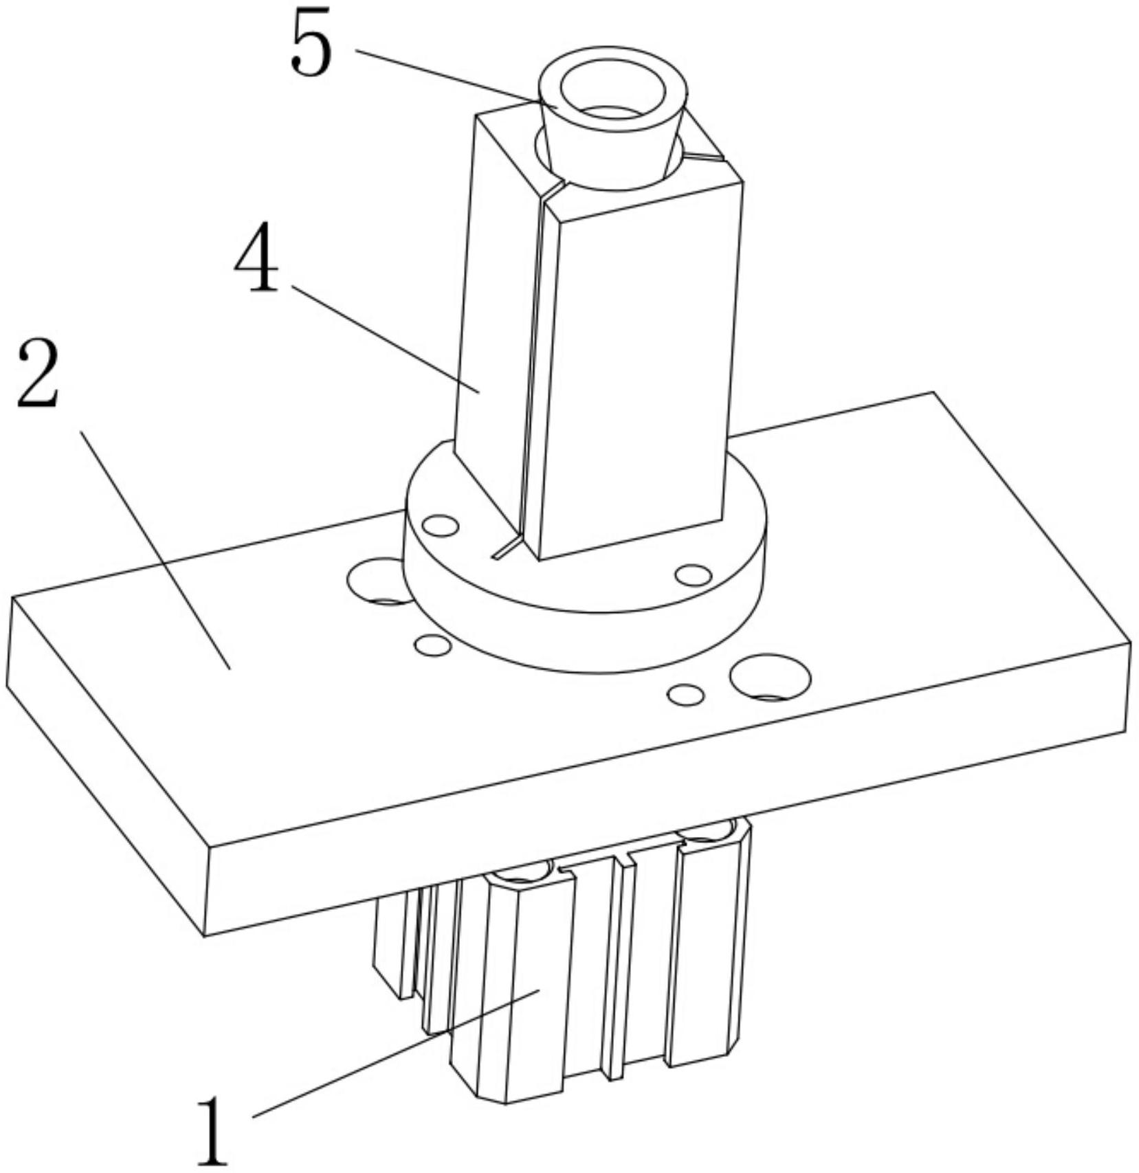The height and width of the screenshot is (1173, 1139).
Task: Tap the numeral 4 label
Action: pos(256,261)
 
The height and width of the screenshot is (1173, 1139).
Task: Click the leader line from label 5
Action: pos(446,77)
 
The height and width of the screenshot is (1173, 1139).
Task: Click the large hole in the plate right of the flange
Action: pos(770,677)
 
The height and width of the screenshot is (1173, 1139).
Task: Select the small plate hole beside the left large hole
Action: pos(433,645)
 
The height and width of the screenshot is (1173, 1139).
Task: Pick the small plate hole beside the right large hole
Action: pos(686,695)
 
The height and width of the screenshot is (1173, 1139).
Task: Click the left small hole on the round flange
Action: pos(440,526)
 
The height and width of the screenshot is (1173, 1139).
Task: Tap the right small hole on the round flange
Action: pos(693,575)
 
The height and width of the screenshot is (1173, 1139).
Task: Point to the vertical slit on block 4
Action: pos(531,371)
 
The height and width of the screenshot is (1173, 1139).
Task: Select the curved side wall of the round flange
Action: pos(584,618)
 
